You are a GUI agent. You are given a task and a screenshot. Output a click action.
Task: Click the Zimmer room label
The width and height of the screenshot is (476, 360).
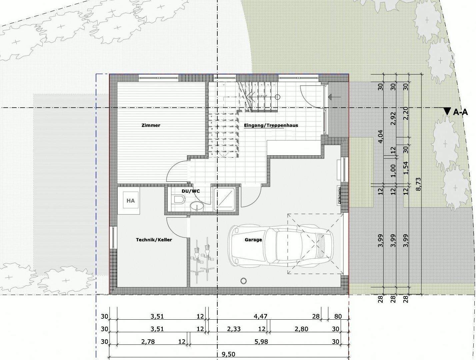tap(151, 125)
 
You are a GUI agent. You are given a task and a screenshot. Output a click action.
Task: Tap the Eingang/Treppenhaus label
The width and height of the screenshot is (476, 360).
tap(271, 125)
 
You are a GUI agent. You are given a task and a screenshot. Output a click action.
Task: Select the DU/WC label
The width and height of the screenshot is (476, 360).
tap(191, 191)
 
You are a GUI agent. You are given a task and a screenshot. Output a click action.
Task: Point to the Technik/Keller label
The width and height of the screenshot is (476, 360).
tap(154, 240)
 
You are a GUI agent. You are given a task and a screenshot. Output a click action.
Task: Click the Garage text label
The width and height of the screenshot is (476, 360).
tap(253, 240)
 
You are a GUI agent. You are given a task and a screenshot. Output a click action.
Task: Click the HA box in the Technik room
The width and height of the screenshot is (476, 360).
tap(131, 201)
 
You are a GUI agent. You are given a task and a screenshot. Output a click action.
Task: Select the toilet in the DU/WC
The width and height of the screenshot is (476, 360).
tap(179, 200)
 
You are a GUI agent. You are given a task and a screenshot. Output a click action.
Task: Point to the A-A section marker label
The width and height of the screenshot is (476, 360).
tap(461, 112)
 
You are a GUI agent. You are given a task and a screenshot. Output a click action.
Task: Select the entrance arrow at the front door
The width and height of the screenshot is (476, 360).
tap(334, 97)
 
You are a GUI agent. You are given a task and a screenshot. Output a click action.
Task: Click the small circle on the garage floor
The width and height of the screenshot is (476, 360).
tap(244, 280)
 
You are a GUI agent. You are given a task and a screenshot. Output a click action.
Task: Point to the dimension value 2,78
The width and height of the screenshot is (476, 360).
tap(148, 342)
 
